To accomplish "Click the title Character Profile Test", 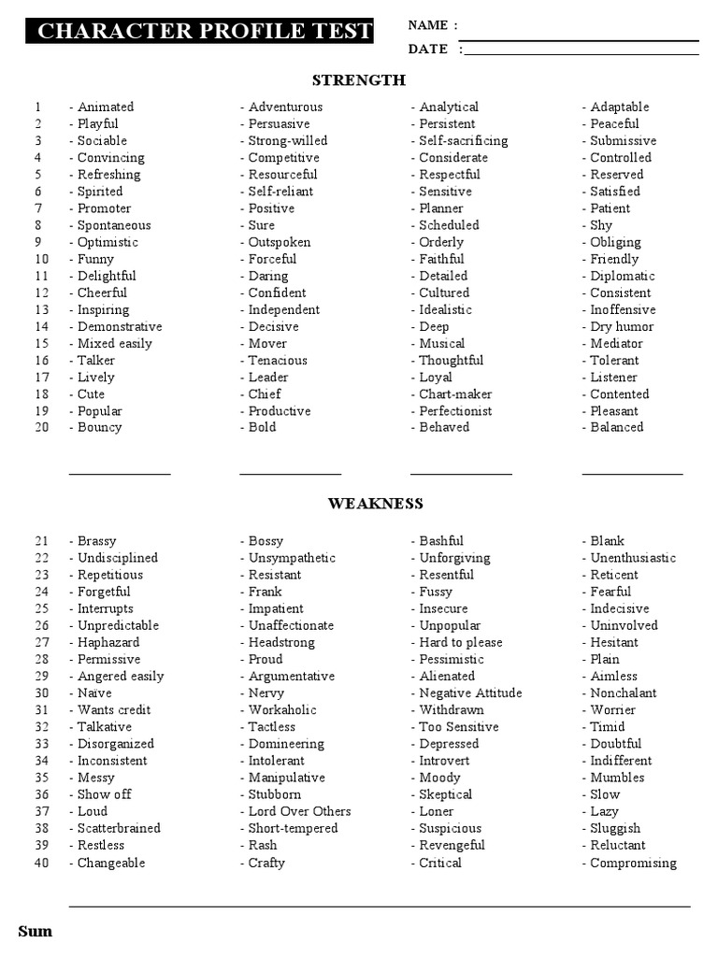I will tap(205, 31).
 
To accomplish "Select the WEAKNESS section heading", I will tap(375, 504).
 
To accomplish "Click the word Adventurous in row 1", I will tap(285, 107).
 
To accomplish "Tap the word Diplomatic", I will tap(623, 277).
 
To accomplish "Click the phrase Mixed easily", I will tap(114, 344).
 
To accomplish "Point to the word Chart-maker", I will tap(455, 394).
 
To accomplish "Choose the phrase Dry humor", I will tap(622, 327).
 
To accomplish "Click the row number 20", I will tap(41, 428).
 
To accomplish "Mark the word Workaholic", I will tap(282, 710).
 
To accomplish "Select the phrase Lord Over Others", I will tap(299, 811).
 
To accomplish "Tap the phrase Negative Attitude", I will tap(470, 693).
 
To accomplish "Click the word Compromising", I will tap(633, 864).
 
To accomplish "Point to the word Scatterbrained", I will tap(119, 828).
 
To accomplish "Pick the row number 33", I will tap(41, 744).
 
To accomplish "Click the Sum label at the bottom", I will tap(36, 932).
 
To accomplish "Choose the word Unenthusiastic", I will tap(633, 558).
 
